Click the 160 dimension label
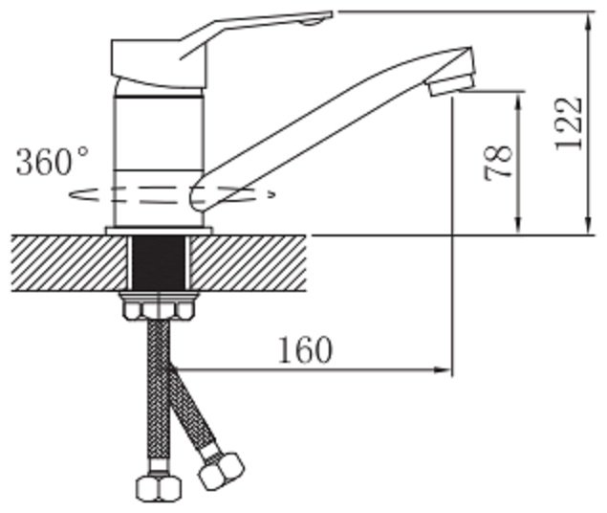click(306, 350)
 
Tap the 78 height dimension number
click(498, 162)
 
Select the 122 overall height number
click(569, 123)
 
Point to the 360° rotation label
click(53, 161)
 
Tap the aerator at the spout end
click(451, 84)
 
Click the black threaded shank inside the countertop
click(159, 262)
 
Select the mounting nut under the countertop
click(159, 306)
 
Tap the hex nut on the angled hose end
click(222, 471)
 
